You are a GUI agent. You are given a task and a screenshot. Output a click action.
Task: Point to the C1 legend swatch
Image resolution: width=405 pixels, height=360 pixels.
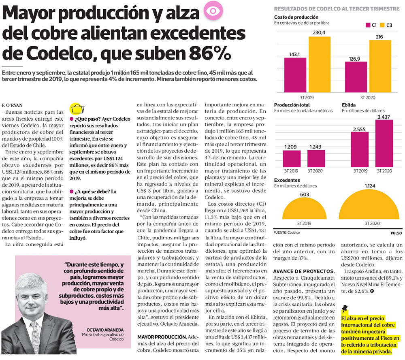tap(368, 25)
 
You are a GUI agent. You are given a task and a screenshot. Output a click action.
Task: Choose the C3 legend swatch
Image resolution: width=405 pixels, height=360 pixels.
tap(383, 25)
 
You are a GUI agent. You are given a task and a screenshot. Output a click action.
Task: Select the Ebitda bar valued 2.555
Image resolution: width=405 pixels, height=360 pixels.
tap(360, 149)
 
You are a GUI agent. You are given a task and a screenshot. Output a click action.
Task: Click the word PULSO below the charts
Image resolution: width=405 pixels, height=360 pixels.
tap(396, 233)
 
